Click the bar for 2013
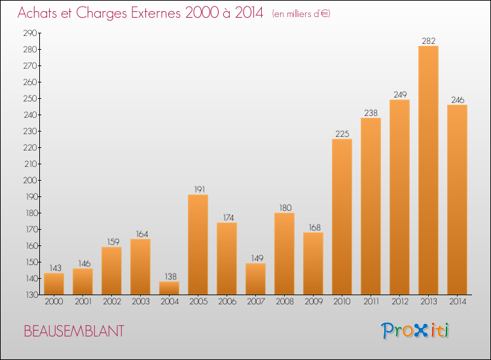(x=428, y=170)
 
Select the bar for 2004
(x=169, y=288)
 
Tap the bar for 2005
(x=198, y=245)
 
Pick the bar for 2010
(x=342, y=217)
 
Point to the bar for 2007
(x=255, y=279)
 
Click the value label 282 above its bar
(x=428, y=41)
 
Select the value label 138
(x=170, y=276)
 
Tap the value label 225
(x=342, y=134)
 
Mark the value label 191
(x=200, y=189)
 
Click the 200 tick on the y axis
(x=30, y=180)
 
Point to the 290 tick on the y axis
(x=30, y=33)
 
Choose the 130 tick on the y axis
(x=31, y=295)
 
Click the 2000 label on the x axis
(x=54, y=302)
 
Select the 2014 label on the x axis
(x=458, y=302)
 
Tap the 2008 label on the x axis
(x=285, y=302)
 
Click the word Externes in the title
(x=156, y=13)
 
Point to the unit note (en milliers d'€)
(x=301, y=14)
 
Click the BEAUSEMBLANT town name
(x=74, y=331)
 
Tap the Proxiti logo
(x=415, y=331)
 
